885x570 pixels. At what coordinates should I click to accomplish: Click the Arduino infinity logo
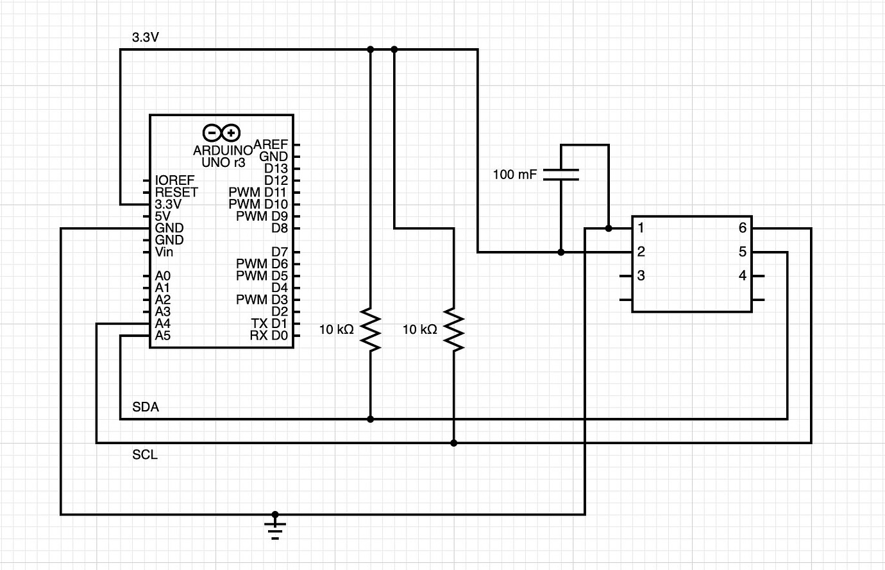tap(221, 133)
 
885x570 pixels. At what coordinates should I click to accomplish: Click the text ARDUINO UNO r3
tap(223, 157)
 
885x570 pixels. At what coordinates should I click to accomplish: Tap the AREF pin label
tap(271, 144)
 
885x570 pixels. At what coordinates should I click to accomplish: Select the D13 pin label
tap(276, 168)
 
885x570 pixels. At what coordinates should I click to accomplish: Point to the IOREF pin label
tap(174, 180)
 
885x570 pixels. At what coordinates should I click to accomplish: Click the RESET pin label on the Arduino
tap(176, 192)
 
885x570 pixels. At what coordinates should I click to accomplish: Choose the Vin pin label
tap(164, 252)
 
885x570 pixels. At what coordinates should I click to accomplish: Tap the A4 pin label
tap(162, 324)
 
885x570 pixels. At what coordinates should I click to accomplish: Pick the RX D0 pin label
tap(268, 336)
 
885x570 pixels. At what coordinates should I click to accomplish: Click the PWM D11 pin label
tap(257, 192)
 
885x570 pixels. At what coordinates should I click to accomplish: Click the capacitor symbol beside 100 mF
tap(561, 175)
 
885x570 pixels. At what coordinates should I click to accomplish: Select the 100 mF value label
tap(514, 175)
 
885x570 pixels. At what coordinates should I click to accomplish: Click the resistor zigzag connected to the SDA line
tap(370, 329)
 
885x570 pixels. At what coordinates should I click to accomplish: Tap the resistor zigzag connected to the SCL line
tap(453, 329)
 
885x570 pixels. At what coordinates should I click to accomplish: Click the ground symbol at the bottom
tap(275, 530)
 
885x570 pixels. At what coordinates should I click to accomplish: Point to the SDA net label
tap(146, 407)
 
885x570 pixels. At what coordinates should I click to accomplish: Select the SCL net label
tap(145, 454)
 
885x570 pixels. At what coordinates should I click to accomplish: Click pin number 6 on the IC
tap(742, 228)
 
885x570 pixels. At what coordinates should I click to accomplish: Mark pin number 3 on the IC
tap(641, 276)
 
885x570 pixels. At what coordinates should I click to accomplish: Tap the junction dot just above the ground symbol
tap(275, 514)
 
